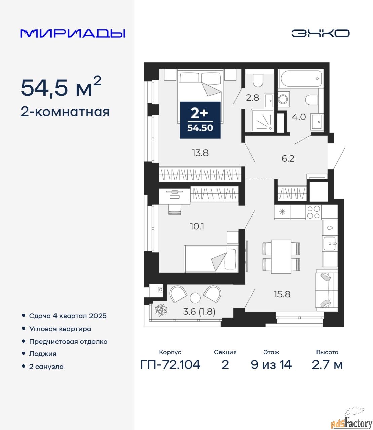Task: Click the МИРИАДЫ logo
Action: pyautogui.click(x=73, y=33)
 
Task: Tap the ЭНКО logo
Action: pyautogui.click(x=320, y=33)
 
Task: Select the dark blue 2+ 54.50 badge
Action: pyautogui.click(x=200, y=120)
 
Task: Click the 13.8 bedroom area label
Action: pyautogui.click(x=200, y=153)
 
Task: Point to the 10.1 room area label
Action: pyautogui.click(x=197, y=226)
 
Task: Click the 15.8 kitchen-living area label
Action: pyautogui.click(x=282, y=294)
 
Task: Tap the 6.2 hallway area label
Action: pyautogui.click(x=288, y=159)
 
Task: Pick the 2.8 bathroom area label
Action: pyautogui.click(x=252, y=98)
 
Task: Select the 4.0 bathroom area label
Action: pyautogui.click(x=299, y=117)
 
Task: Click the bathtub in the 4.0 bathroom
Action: pyautogui.click(x=301, y=79)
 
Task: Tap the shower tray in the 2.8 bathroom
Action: pyautogui.click(x=262, y=121)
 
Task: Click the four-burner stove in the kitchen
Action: pyautogui.click(x=313, y=212)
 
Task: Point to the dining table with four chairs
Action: pyautogui.click(x=281, y=257)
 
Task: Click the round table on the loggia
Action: pyautogui.click(x=195, y=298)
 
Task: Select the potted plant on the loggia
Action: pyautogui.click(x=161, y=310)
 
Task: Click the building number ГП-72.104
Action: pyautogui.click(x=171, y=365)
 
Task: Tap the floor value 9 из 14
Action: pyautogui.click(x=271, y=365)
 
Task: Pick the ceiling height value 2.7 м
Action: pyautogui.click(x=327, y=365)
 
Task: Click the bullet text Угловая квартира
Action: pyautogui.click(x=60, y=329)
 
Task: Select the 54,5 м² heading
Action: pyautogui.click(x=61, y=87)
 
